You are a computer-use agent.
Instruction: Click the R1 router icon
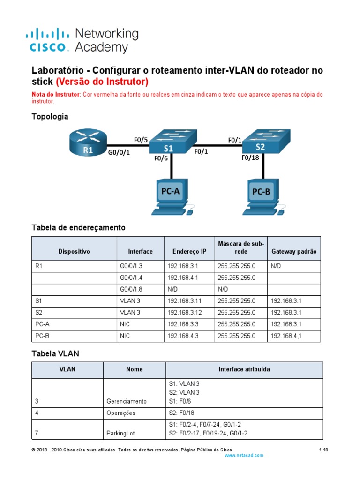pyautogui.click(x=88, y=143)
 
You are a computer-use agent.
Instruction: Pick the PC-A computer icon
pyautogui.click(x=171, y=197)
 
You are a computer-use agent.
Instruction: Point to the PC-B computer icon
pyautogui.click(x=262, y=197)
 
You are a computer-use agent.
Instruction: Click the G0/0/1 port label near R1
pyautogui.click(x=119, y=152)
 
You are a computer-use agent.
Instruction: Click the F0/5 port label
pyautogui.click(x=141, y=140)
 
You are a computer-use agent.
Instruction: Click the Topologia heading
pyautogui.click(x=50, y=116)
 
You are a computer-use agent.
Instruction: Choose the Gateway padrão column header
pyautogui.click(x=294, y=251)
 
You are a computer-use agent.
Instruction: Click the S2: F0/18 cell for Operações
pyautogui.click(x=183, y=413)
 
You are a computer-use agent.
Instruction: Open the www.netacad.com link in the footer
pyautogui.click(x=244, y=455)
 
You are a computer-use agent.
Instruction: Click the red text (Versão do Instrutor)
pyautogui.click(x=102, y=82)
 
